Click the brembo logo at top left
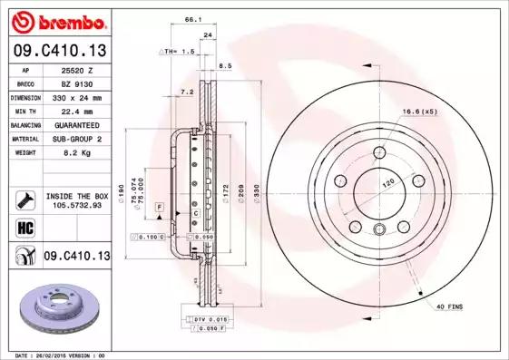(55, 21)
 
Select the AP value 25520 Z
(77, 69)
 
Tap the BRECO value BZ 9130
(77, 83)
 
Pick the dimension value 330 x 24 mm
(77, 96)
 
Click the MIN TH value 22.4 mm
(77, 111)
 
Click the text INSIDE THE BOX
(76, 196)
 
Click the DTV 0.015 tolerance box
(205, 319)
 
